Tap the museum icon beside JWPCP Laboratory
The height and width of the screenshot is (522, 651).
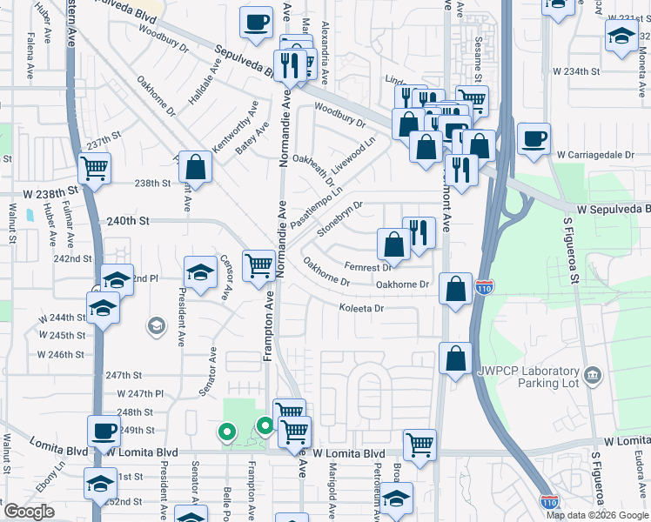coord(594,375)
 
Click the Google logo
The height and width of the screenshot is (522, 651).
coord(29,512)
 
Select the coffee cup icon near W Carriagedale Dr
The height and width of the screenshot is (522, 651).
coord(533,139)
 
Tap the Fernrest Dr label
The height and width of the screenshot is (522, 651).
coord(368,267)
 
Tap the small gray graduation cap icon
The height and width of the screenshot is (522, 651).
coord(156,326)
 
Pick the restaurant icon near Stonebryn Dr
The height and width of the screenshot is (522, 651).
coord(419,232)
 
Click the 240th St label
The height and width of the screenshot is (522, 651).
coord(124,221)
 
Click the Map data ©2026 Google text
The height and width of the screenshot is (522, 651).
coord(597,515)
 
